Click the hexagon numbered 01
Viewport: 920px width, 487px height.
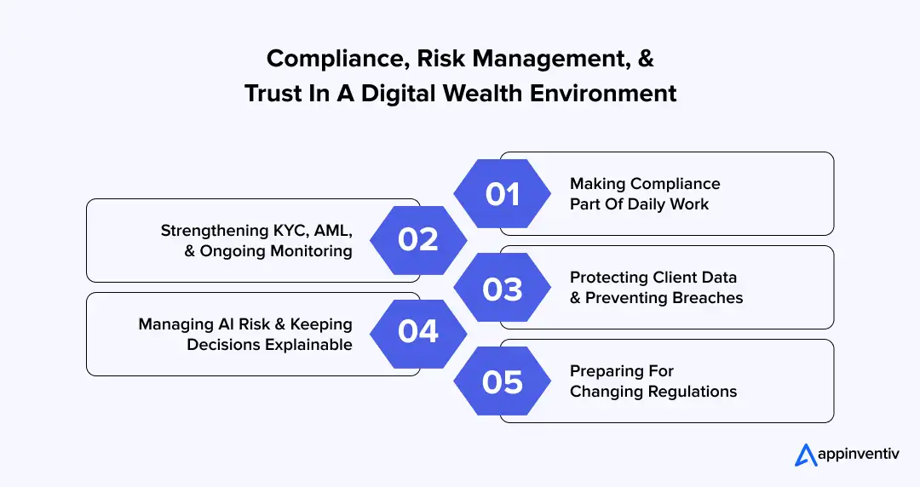[x=503, y=194]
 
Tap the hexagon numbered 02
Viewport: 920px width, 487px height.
[x=417, y=241]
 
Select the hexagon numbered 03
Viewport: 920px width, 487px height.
[x=503, y=288]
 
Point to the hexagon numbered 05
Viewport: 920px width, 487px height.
[x=503, y=381]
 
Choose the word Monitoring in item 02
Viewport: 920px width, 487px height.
[x=311, y=251]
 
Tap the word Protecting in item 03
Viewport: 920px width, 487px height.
[x=608, y=278]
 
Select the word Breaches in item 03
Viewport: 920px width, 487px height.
[x=707, y=298]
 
